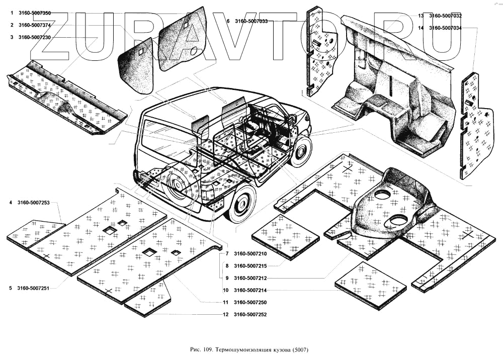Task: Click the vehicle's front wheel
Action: (301, 149)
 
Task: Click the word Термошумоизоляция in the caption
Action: (243, 349)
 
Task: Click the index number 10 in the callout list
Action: (226, 290)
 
